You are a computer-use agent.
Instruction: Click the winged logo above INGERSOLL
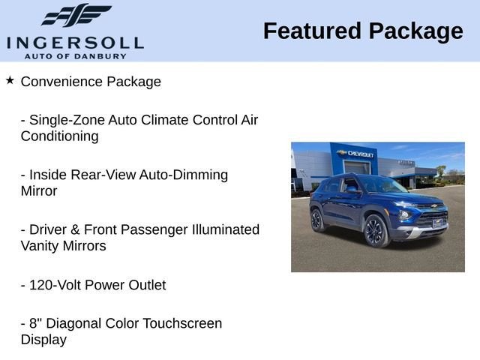pos(76,15)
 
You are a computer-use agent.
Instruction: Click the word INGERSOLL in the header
pos(75,43)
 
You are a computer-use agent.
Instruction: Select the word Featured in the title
pos(312,31)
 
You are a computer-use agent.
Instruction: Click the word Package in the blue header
pos(415,32)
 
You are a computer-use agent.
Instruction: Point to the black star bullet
pos(10,80)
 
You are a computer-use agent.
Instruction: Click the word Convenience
pos(61,82)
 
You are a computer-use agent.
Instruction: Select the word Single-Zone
pos(67,120)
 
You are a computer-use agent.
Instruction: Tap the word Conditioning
pos(60,136)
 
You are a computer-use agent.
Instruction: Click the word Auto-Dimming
pos(184,175)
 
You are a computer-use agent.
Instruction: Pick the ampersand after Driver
pos(75,230)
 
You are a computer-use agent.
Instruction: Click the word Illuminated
pos(226,229)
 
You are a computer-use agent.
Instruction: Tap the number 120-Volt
pos(55,285)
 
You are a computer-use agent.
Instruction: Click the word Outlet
pos(147,285)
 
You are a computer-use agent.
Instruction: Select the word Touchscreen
pos(182,323)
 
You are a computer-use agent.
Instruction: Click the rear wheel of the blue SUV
pos(316,220)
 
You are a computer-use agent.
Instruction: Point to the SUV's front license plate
pos(437,223)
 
